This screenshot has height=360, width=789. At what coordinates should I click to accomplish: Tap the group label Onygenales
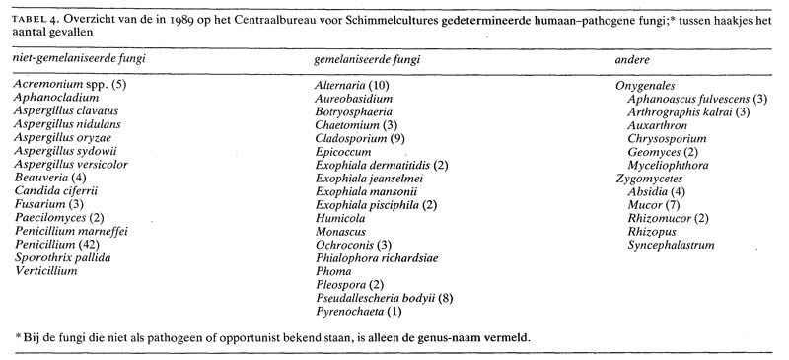(644, 86)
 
